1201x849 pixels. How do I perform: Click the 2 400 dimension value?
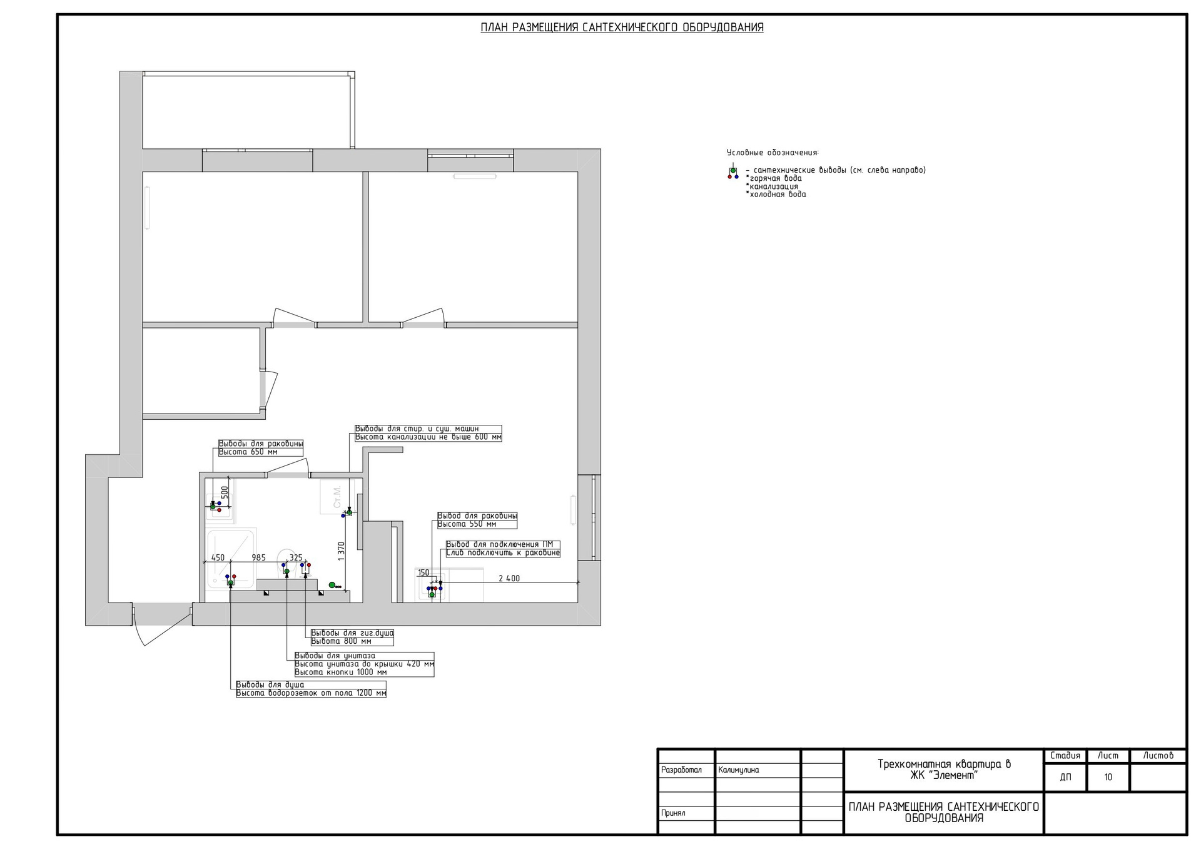click(x=509, y=579)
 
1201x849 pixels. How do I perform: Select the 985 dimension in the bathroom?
click(x=259, y=557)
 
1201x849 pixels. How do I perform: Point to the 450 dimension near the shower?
click(x=218, y=557)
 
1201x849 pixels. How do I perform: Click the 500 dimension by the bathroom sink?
click(x=225, y=493)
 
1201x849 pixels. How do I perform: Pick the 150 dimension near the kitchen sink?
click(x=423, y=572)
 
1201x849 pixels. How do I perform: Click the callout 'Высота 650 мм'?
click(x=248, y=452)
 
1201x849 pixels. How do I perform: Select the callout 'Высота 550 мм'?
click(x=467, y=524)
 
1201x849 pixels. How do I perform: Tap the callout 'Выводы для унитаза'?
click(x=335, y=656)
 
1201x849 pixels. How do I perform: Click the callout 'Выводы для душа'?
click(x=270, y=685)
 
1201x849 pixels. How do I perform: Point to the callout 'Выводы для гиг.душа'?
click(x=352, y=633)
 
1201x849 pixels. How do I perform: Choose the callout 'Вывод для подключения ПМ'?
click(x=500, y=544)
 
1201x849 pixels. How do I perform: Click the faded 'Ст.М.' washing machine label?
click(x=337, y=496)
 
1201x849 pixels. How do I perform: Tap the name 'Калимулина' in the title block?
click(x=739, y=770)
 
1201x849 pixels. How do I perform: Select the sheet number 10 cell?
click(x=1108, y=777)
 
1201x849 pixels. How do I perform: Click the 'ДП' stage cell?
click(x=1065, y=777)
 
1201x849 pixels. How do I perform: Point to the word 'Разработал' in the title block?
click(x=681, y=770)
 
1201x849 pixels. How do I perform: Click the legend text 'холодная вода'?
click(x=778, y=195)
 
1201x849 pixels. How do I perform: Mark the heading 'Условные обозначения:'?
click(x=773, y=153)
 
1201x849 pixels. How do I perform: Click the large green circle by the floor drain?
click(x=332, y=585)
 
